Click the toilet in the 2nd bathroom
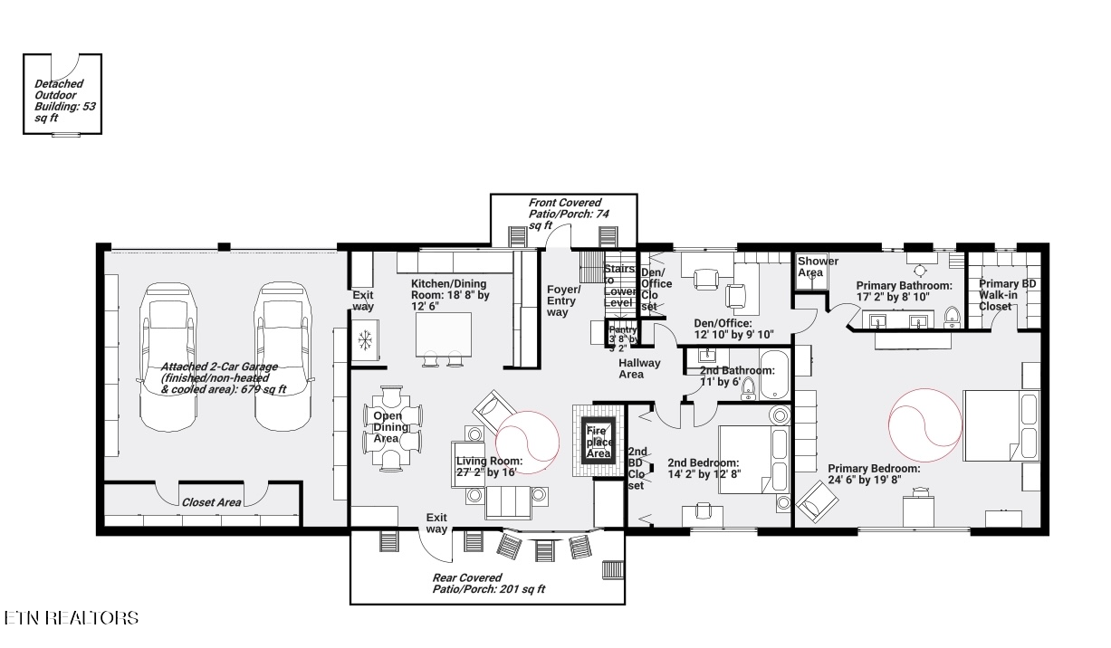[x=748, y=388]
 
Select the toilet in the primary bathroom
[x=951, y=316]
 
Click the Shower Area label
[x=817, y=267]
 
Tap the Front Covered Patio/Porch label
[x=565, y=214]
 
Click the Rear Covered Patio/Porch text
[x=488, y=583]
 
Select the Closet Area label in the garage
[x=211, y=501]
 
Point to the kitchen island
[x=444, y=335]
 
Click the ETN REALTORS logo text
[x=72, y=618]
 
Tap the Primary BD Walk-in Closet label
[x=1007, y=295]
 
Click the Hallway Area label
[x=639, y=368]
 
